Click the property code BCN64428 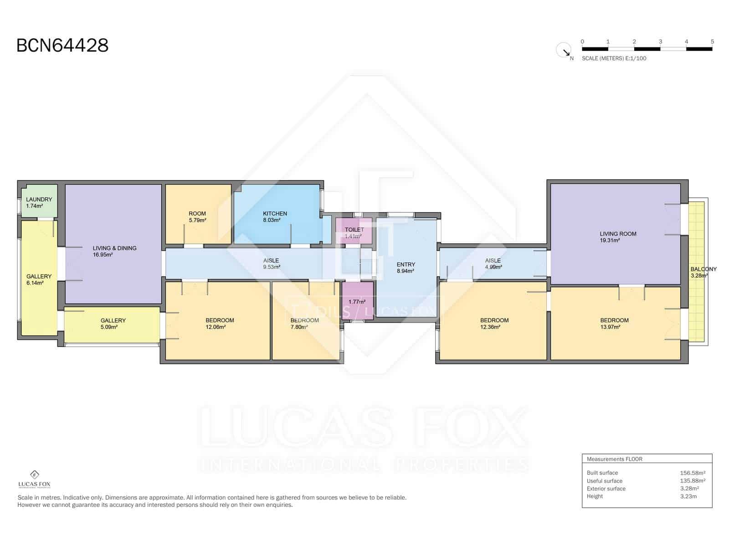pos(62,46)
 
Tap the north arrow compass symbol pos(564,50)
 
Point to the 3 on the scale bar pos(660,41)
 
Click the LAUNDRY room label pos(39,200)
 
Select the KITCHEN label pos(275,213)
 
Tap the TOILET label pos(354,230)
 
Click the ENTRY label pos(406,264)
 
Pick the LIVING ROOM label pos(618,234)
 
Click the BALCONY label pos(703,269)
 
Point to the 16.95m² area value pos(103,255)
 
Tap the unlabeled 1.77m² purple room pos(357,302)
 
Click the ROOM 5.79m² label pos(197,213)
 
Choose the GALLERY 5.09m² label pos(113,320)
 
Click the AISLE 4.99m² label pos(493,261)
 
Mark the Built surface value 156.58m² pos(693,473)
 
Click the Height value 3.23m pos(688,496)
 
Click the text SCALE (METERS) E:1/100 pos(614,58)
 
